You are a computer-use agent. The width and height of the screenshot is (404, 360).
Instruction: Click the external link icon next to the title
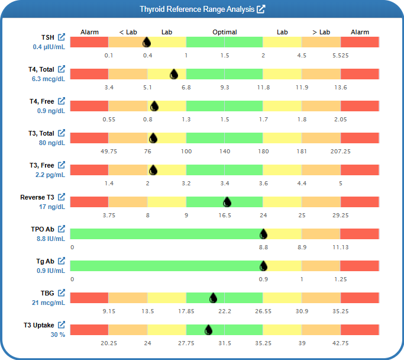[261, 9]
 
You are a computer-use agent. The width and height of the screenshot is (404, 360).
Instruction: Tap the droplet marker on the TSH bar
[147, 42]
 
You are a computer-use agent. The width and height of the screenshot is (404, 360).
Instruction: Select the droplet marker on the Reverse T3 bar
[227, 202]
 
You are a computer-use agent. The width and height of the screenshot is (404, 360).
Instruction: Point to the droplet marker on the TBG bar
[213, 298]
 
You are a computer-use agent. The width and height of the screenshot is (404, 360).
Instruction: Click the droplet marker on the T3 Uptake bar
[208, 330]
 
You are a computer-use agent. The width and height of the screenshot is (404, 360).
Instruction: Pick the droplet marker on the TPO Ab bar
[263, 234]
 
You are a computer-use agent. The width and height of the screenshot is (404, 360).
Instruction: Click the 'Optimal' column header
[225, 32]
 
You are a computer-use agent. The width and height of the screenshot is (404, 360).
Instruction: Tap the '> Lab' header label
[321, 32]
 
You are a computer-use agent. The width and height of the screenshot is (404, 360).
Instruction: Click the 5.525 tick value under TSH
[340, 56]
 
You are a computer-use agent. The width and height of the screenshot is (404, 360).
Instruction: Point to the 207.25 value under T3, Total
[340, 152]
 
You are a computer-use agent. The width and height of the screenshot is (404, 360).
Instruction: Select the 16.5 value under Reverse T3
[225, 216]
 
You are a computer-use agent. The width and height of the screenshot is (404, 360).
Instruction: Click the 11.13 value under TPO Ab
[340, 247]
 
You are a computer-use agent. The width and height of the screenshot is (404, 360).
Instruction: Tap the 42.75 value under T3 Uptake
[340, 343]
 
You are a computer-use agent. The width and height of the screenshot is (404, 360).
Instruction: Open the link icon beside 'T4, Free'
[61, 101]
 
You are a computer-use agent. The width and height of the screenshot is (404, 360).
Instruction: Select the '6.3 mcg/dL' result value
[49, 79]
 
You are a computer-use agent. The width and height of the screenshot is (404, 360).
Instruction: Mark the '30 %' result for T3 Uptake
[57, 334]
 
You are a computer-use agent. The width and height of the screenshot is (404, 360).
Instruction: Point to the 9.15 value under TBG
[109, 311]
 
